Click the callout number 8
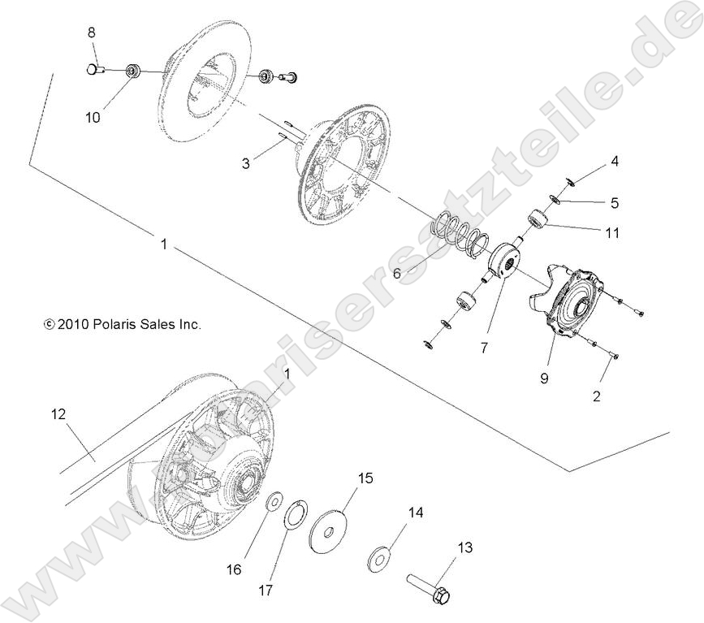(92, 32)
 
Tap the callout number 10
(93, 118)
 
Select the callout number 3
(244, 164)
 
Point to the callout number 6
(397, 274)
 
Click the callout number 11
(613, 233)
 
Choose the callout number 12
(58, 414)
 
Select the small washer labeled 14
(379, 557)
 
